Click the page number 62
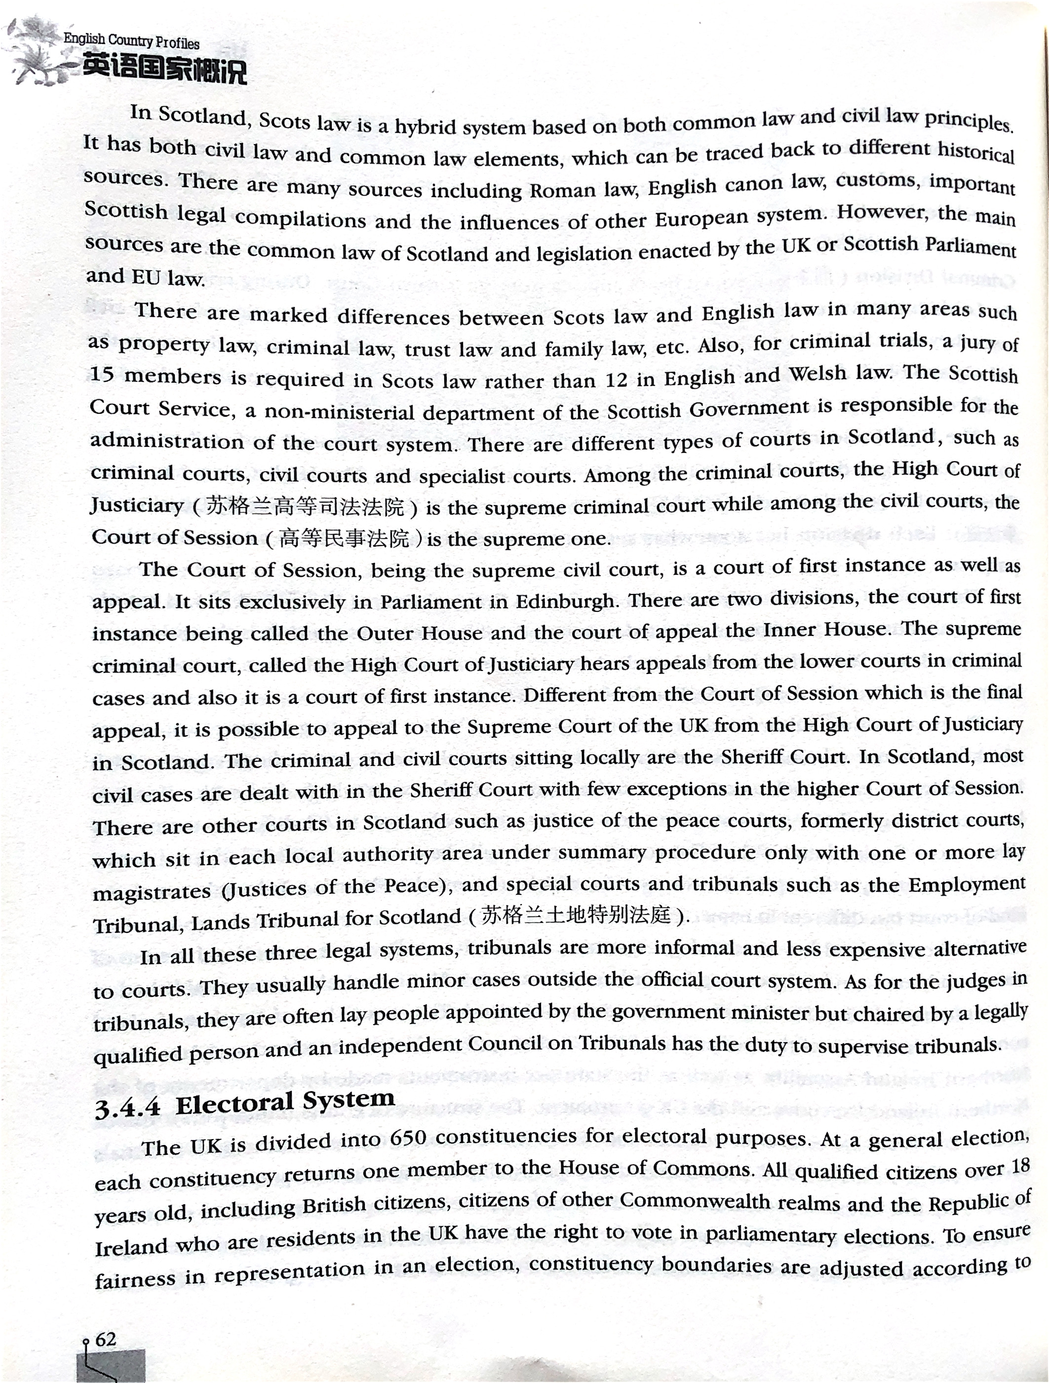(106, 1339)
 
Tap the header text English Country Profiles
(131, 41)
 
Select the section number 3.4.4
(127, 1108)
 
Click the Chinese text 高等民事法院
(344, 538)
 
